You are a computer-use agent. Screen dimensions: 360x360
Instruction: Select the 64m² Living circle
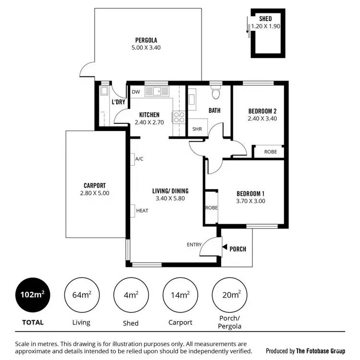point(81,295)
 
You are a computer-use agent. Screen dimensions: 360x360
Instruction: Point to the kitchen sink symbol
point(157,90)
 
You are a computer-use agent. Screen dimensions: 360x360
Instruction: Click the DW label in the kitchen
point(136,92)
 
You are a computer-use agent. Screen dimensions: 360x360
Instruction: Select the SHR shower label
point(197,129)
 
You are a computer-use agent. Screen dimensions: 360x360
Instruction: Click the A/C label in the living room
point(140,159)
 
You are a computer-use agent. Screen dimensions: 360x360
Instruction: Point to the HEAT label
point(142,210)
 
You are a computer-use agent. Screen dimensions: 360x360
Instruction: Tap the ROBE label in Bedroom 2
point(271,152)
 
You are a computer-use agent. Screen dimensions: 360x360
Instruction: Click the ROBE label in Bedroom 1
point(211,208)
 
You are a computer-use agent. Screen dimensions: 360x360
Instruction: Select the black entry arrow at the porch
point(224,248)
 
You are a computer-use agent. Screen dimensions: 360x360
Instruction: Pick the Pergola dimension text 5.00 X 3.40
point(146,48)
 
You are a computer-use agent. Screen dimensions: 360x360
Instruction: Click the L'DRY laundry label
point(118,102)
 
